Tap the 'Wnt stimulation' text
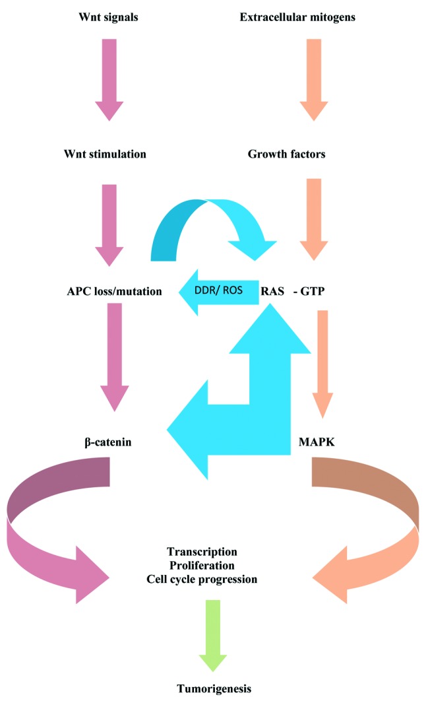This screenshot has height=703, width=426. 109,154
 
